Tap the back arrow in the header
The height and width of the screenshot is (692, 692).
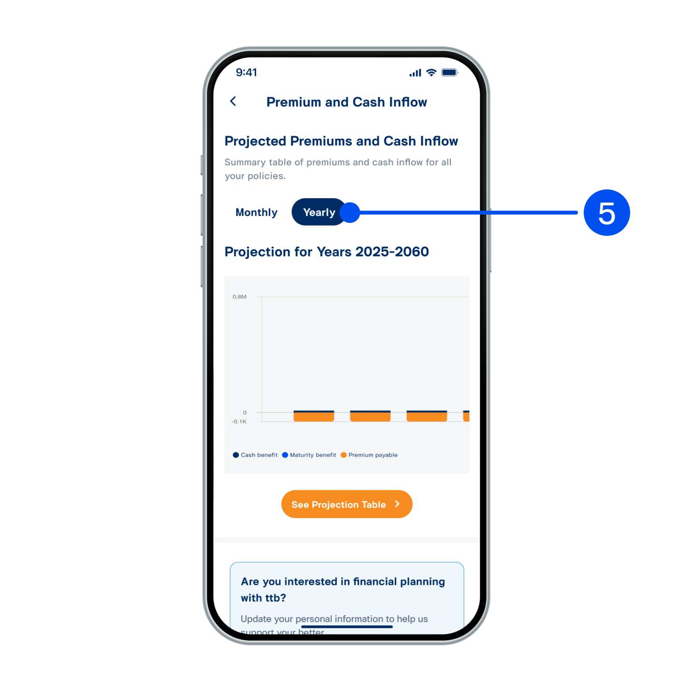pos(233,101)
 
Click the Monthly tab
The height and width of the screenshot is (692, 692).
pos(257,213)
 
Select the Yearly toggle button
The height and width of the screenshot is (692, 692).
pos(319,213)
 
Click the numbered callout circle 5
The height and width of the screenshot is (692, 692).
pos(606,213)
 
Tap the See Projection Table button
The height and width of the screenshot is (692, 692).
pos(346,504)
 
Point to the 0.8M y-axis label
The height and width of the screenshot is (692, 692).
pos(240,297)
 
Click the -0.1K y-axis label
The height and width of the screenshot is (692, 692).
pos(239,421)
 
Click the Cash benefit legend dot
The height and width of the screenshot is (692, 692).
pos(236,455)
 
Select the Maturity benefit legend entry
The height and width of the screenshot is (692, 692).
pos(309,455)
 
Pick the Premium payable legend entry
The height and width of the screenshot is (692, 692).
pos(369,455)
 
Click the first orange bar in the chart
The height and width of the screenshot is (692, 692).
pos(314,416)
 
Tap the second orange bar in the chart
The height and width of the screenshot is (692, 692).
pos(370,416)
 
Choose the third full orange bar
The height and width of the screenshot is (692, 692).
pos(427,416)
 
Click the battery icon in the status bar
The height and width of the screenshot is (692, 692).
pos(449,72)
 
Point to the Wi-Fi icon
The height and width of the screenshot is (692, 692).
pos(432,72)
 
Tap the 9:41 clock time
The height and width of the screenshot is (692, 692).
pos(246,72)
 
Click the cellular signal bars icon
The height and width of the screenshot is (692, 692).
pos(415,73)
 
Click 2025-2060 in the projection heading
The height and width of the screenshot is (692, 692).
pos(392,252)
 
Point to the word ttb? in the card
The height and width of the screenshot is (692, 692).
pos(275,598)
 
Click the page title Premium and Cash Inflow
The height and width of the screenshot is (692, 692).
pos(346,102)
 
